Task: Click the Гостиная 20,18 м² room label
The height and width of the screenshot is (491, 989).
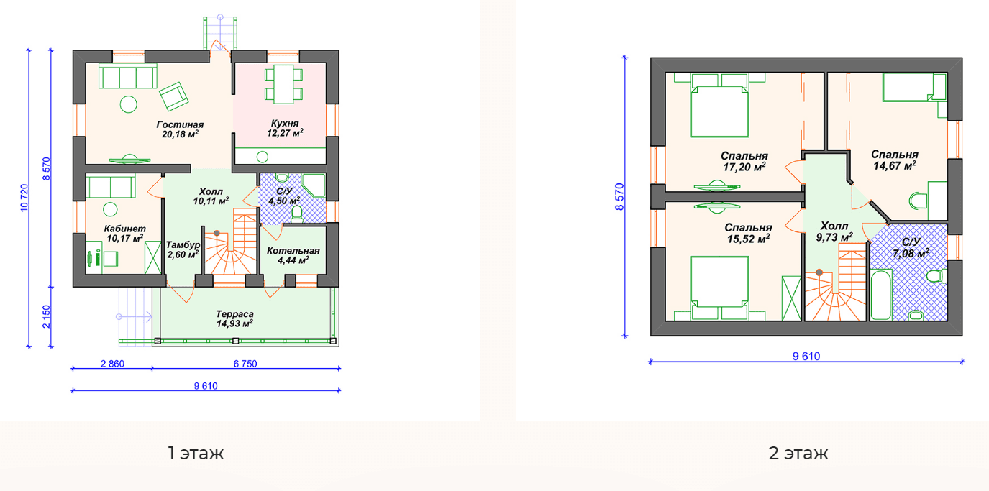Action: click(x=180, y=129)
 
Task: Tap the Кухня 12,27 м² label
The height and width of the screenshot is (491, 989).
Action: click(x=285, y=128)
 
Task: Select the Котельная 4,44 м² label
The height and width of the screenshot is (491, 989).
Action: click(x=293, y=255)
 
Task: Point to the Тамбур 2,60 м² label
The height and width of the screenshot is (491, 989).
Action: click(x=183, y=249)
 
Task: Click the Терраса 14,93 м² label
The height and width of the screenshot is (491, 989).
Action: click(x=234, y=318)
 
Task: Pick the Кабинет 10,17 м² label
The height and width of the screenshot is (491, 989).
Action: click(x=125, y=234)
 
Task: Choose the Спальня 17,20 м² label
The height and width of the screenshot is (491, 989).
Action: click(x=744, y=161)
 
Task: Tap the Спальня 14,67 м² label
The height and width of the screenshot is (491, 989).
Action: click(x=895, y=160)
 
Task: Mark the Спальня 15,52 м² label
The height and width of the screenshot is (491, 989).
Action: click(x=748, y=233)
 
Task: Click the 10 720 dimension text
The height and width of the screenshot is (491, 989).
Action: click(x=24, y=198)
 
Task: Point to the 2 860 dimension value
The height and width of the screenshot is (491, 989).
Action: click(x=113, y=364)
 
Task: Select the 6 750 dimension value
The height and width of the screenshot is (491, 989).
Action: click(x=245, y=364)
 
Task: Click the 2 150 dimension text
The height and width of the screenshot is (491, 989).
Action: click(x=46, y=317)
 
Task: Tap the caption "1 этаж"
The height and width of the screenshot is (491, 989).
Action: click(x=196, y=453)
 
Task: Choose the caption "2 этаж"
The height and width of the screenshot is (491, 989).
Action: click(x=798, y=453)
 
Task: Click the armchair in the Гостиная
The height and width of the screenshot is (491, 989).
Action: click(x=174, y=96)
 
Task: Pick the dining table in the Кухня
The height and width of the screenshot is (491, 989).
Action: click(x=284, y=84)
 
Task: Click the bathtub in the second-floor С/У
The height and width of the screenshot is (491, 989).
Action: click(x=881, y=295)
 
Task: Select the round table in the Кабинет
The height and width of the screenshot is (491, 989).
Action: click(x=110, y=209)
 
